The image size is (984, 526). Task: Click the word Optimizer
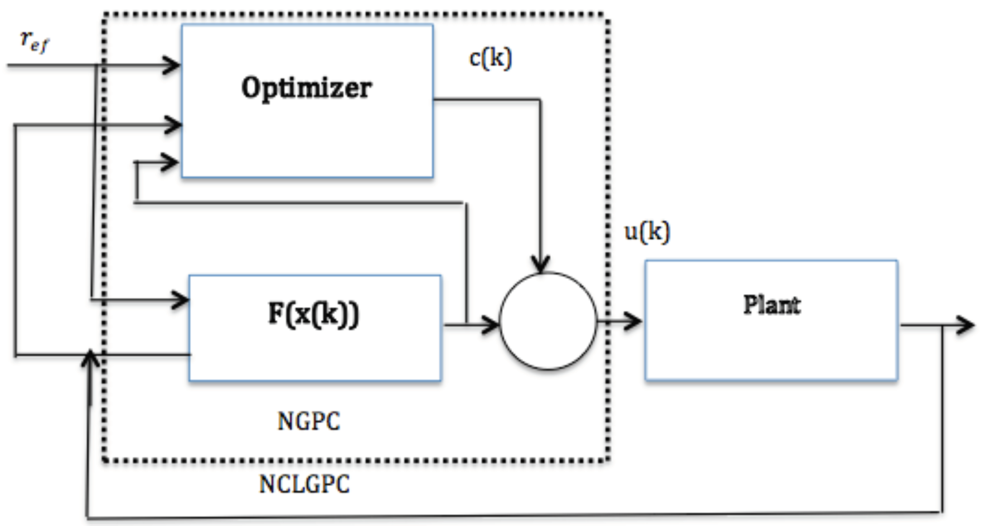[x=306, y=88]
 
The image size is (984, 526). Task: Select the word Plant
[x=772, y=305]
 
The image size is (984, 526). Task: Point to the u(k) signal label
[x=647, y=232]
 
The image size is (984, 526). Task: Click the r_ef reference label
[x=34, y=42]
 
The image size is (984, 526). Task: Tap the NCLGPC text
[x=304, y=484]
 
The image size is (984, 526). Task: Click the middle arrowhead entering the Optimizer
[x=173, y=125]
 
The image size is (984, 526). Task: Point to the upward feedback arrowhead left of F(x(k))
[x=90, y=359]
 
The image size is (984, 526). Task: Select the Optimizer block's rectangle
[x=307, y=138]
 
